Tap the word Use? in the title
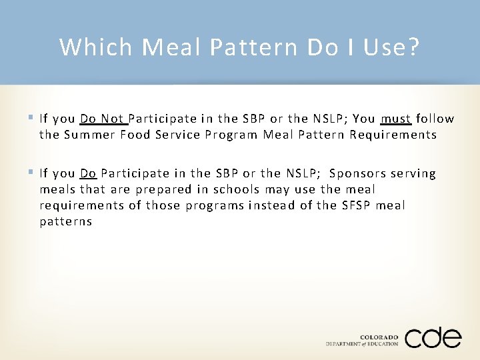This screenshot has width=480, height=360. [x=391, y=47]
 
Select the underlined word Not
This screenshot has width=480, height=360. [x=113, y=119]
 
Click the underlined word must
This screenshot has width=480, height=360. [x=395, y=119]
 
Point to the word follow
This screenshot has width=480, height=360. [x=435, y=119]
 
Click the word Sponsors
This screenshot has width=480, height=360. [x=359, y=174]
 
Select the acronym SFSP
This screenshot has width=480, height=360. [x=355, y=206]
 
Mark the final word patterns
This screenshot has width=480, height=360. [x=65, y=222]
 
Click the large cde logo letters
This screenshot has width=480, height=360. [x=433, y=337]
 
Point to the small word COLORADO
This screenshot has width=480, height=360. [x=379, y=337]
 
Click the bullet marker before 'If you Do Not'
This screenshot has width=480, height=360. [x=32, y=119]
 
